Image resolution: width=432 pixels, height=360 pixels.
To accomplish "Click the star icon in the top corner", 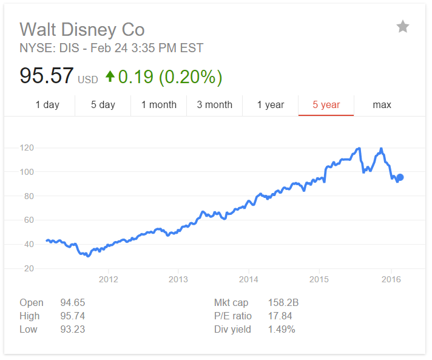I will coord(403,27).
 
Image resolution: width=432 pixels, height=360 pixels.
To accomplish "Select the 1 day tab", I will coord(47,104).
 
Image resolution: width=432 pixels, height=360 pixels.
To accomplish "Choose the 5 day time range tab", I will coord(103,104).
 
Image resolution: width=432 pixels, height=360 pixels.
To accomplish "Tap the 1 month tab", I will coord(159,104).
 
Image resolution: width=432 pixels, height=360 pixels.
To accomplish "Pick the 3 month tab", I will coord(214,104).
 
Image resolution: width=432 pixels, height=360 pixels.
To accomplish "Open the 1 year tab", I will coord(271,104).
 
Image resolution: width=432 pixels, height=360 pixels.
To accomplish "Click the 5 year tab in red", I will coord(326,104).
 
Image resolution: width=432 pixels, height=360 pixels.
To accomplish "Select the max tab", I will coord(382,104).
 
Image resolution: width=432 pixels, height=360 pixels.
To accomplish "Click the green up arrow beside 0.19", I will coord(110,76).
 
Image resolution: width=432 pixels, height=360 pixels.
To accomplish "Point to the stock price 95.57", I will coord(47,76).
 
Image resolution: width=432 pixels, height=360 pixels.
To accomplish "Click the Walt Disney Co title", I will coord(82,29).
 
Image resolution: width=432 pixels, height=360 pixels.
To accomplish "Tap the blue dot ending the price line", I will coord(400,177).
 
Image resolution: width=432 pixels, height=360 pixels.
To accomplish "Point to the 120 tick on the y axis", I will coord(26,148).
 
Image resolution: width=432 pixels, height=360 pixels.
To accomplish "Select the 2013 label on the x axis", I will coord(178,279).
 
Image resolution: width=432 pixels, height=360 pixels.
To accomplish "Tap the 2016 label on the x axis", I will coord(390,279).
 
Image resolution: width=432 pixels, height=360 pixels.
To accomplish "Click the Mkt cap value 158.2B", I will coord(283,302).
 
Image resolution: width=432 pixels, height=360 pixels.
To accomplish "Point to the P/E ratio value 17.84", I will coord(280,316).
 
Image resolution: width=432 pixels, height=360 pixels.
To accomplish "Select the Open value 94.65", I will coord(73,302).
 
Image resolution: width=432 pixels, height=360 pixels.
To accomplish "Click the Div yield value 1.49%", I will coord(282,329).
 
